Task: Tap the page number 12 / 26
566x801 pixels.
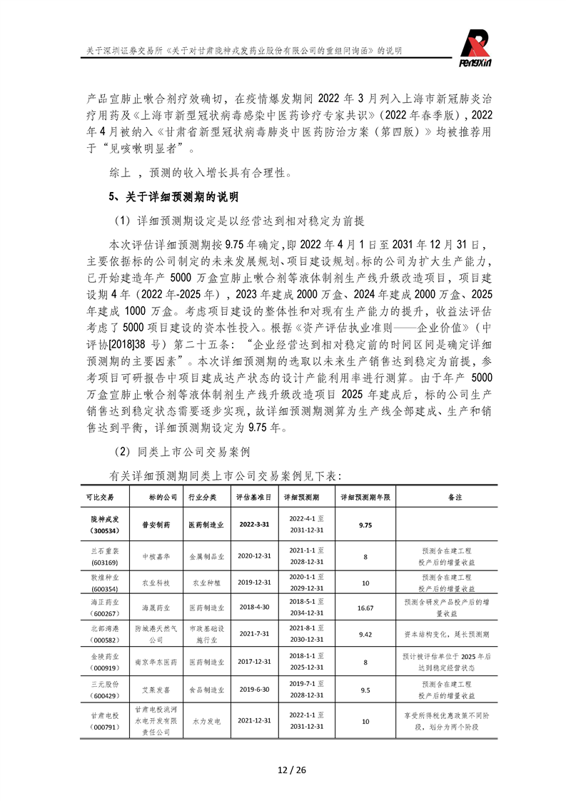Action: click(283, 769)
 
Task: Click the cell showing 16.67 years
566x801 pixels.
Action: click(365, 608)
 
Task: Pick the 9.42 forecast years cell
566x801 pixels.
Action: click(365, 633)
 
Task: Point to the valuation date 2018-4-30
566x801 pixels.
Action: click(253, 608)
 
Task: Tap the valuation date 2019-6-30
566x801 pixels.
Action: click(253, 690)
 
